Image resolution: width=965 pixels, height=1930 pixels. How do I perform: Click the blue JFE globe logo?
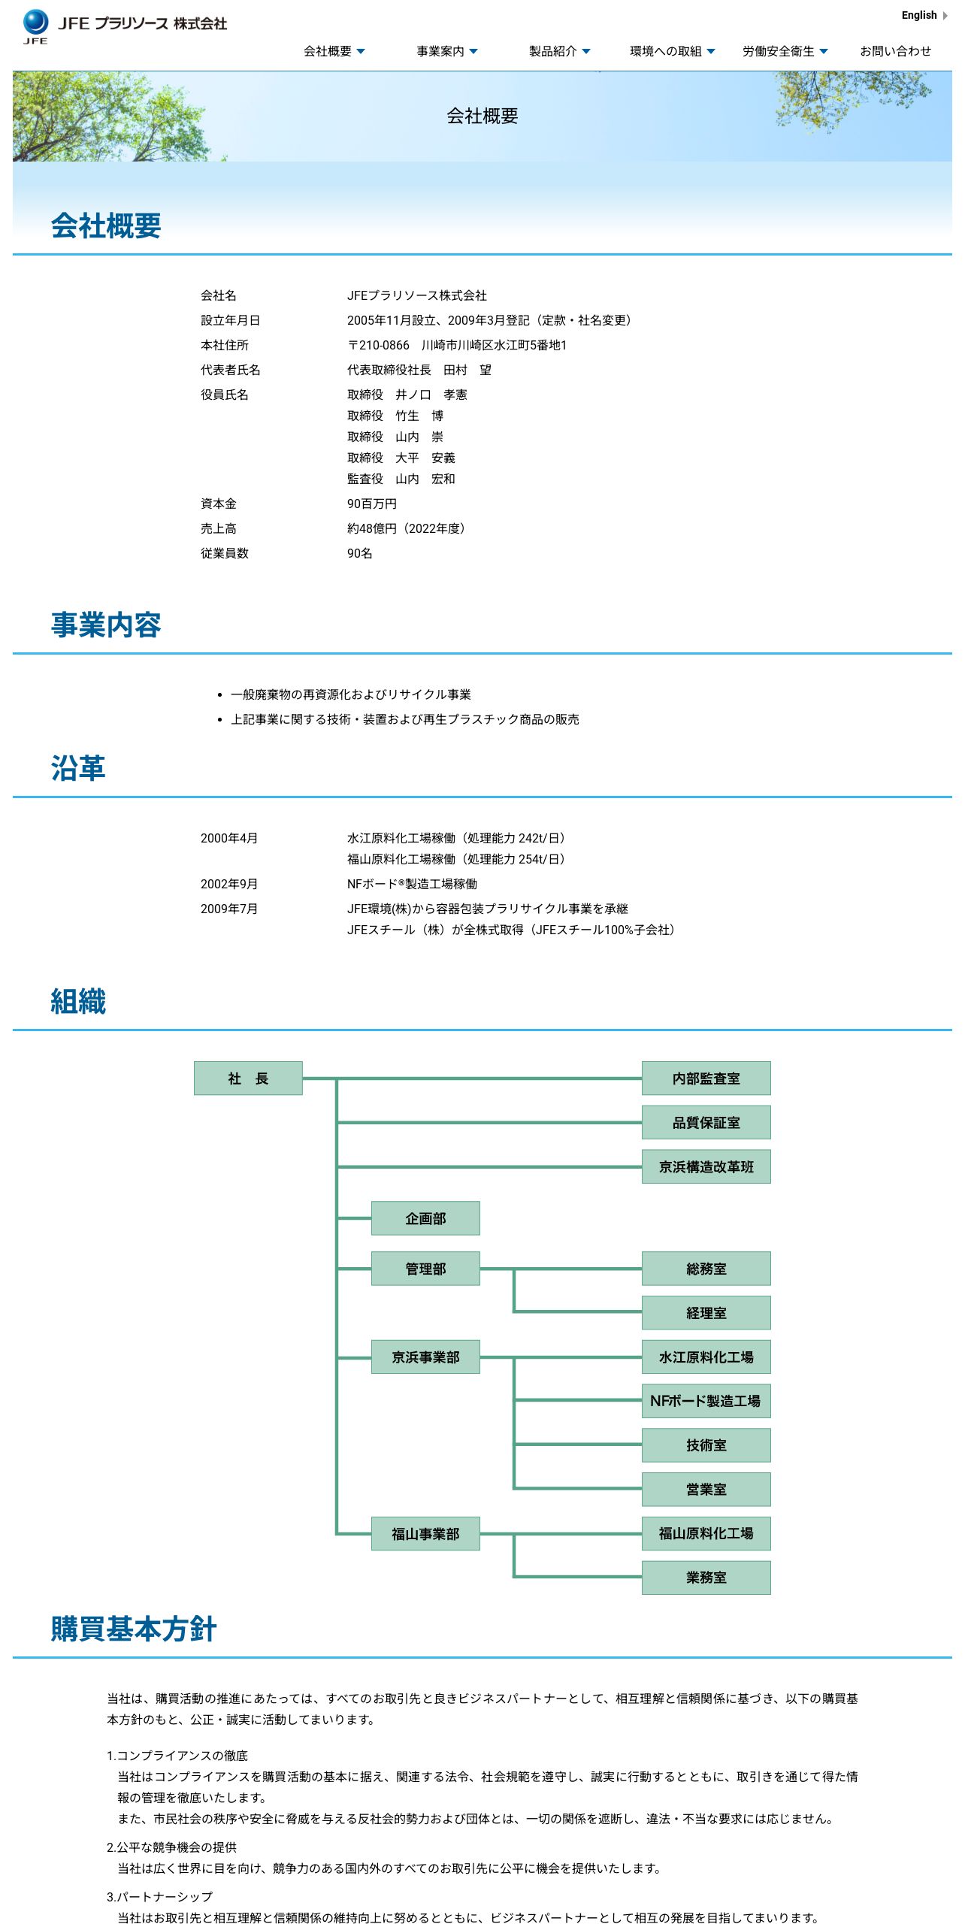[35, 23]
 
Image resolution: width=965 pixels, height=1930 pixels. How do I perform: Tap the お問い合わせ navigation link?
[895, 51]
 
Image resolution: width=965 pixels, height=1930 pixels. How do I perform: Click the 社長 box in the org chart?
[248, 1078]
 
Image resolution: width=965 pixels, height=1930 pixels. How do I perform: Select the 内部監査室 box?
[706, 1078]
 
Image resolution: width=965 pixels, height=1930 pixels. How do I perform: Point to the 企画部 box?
[425, 1218]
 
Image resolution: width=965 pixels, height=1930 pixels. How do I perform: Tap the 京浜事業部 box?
[425, 1357]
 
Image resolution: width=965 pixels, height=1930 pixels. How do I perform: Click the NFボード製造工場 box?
[706, 1401]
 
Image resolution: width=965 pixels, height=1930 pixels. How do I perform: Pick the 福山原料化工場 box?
[706, 1533]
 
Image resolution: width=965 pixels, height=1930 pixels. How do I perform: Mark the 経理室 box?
[706, 1313]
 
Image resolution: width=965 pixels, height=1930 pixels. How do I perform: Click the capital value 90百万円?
[372, 504]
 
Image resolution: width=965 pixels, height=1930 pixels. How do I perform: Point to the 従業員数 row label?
[225, 553]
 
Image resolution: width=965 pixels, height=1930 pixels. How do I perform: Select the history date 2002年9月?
[229, 884]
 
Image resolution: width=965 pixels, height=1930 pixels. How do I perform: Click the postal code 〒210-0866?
[378, 345]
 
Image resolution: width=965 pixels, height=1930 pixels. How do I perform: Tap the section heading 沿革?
[78, 768]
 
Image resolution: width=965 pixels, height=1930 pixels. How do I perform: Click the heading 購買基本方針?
[134, 1629]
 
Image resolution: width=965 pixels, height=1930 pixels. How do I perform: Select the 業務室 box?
[706, 1578]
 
